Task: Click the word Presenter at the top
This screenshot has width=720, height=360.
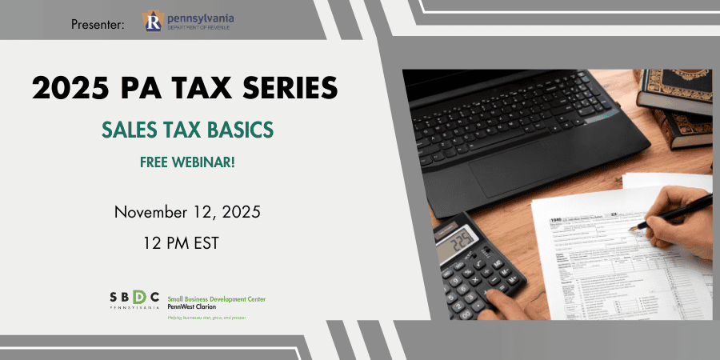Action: pos(97,25)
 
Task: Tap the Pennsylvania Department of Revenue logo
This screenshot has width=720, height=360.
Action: pos(188,22)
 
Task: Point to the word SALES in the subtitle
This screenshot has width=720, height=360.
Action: pos(130,128)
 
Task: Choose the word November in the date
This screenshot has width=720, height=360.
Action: pos(154,212)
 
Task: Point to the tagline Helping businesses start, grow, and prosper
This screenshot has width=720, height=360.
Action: pos(206,318)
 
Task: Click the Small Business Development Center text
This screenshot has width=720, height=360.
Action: pos(216,298)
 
